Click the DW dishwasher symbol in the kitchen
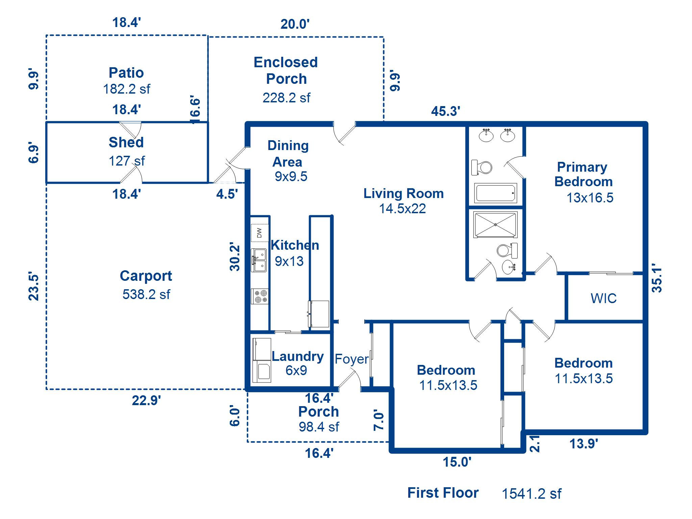[259, 233]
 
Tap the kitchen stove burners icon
[260, 296]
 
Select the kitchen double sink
[258, 260]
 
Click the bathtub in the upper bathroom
[495, 193]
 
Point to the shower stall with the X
[495, 224]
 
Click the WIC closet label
[603, 298]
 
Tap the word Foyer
[351, 359]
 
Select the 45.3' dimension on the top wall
[445, 111]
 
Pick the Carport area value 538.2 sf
[146, 294]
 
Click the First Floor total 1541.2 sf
[531, 494]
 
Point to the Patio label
[126, 73]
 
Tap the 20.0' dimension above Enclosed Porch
[295, 24]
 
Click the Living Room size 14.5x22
[402, 209]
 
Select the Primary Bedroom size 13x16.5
[590, 198]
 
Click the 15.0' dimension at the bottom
[457, 462]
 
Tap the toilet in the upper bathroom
[482, 167]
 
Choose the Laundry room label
[298, 356]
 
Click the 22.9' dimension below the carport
[146, 400]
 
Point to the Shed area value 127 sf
[126, 161]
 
